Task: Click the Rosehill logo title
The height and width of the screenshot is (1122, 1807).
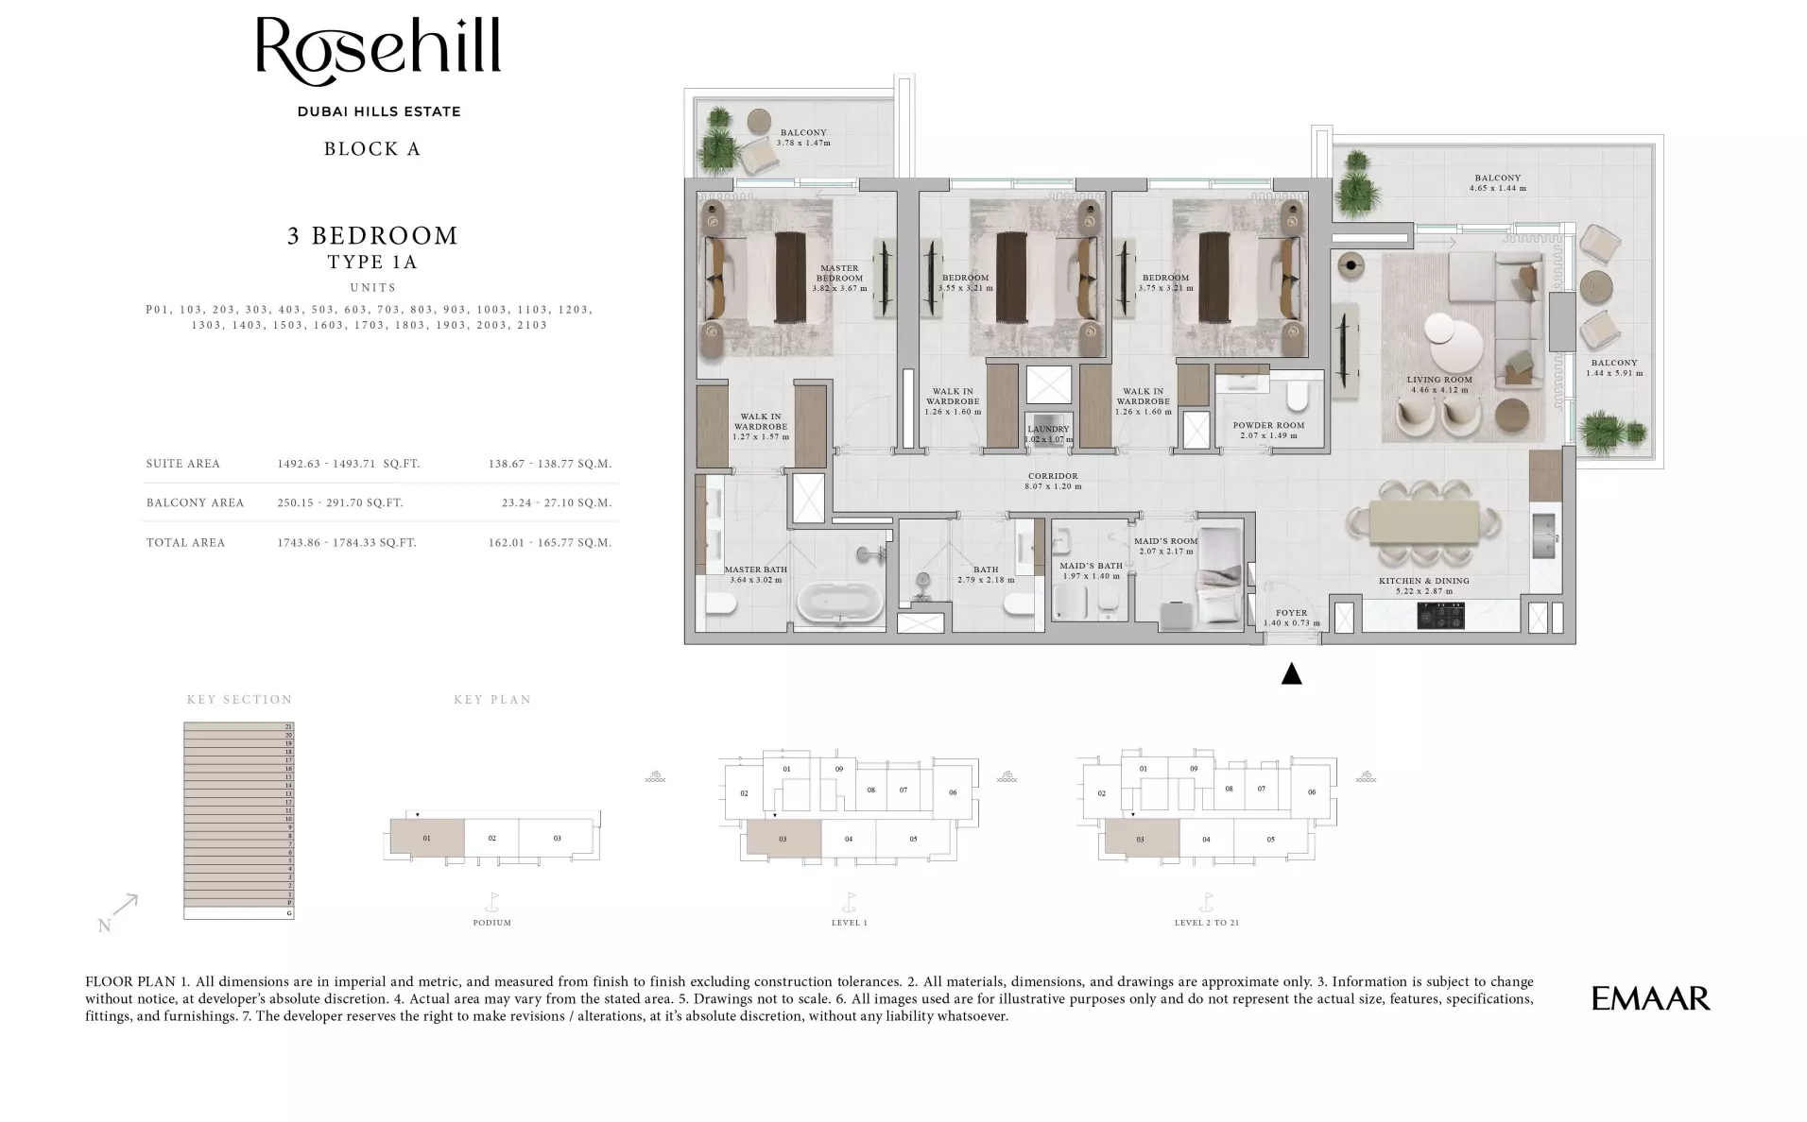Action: pyautogui.click(x=378, y=47)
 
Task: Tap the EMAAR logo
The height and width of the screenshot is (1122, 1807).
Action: pyautogui.click(x=1650, y=998)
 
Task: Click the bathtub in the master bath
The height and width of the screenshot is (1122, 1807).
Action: pyautogui.click(x=840, y=603)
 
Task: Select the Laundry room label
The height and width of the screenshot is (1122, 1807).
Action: pyautogui.click(x=1048, y=430)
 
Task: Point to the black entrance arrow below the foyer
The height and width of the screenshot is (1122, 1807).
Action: pyautogui.click(x=1291, y=673)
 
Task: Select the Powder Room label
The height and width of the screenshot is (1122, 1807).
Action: pyautogui.click(x=1268, y=425)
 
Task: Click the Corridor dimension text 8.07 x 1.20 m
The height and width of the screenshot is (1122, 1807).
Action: pyautogui.click(x=1053, y=486)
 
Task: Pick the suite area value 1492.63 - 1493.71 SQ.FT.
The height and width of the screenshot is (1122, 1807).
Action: pyautogui.click(x=348, y=464)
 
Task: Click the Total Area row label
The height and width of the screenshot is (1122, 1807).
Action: pyautogui.click(x=185, y=542)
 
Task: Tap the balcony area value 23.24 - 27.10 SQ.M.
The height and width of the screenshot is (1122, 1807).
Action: pyautogui.click(x=557, y=502)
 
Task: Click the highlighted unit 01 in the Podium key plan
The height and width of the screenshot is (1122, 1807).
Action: pyautogui.click(x=427, y=838)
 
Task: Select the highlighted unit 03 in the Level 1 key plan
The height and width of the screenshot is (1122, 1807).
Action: pyautogui.click(x=783, y=838)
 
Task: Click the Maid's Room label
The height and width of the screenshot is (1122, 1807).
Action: pyautogui.click(x=1165, y=541)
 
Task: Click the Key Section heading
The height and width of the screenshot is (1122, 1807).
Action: pyautogui.click(x=239, y=700)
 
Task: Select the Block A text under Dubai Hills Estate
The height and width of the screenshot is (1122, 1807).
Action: pyautogui.click(x=372, y=149)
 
